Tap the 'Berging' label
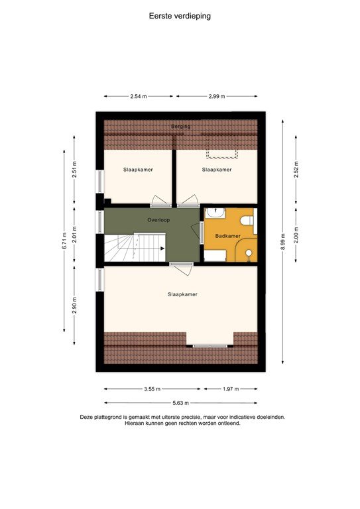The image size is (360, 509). click(x=180, y=126)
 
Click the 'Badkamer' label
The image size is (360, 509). click(x=227, y=236)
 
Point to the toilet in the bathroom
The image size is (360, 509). click(x=247, y=219)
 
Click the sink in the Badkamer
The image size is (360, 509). click(x=215, y=213)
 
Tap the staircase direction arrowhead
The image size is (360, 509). click(x=162, y=249)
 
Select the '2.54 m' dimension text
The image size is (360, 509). click(x=138, y=97)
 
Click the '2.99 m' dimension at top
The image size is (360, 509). click(x=216, y=97)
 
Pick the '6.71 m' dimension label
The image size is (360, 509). click(x=64, y=239)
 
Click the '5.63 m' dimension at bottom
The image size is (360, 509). click(x=180, y=403)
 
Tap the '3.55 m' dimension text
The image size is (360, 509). click(x=152, y=389)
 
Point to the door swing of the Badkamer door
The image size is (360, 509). click(x=201, y=233)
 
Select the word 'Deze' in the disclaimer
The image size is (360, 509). click(x=86, y=417)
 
